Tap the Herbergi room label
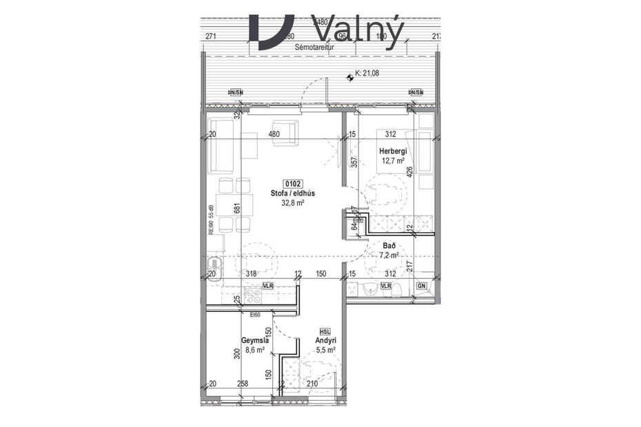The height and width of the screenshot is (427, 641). [391, 152]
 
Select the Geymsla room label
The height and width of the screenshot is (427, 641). [254, 340]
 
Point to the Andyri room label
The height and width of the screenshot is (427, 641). [325, 340]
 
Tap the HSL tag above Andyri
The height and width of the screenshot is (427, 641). [325, 331]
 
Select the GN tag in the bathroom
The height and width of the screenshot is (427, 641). [421, 285]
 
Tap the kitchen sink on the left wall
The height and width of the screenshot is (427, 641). [214, 264]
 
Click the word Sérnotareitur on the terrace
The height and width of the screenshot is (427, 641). [313, 48]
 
